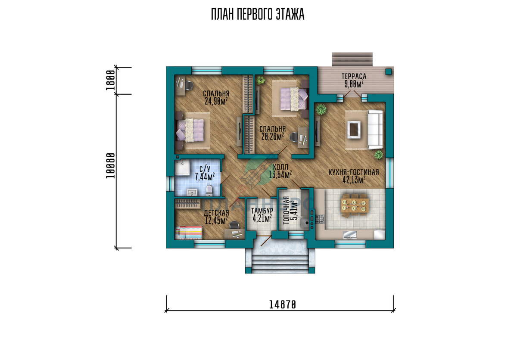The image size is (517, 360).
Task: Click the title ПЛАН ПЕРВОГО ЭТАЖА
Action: point(258,14)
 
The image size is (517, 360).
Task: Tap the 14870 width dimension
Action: point(283,304)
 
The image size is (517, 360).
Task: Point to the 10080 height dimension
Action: point(110,165)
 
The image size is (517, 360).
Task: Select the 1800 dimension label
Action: point(110,80)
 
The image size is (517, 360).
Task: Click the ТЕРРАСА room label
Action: point(354,76)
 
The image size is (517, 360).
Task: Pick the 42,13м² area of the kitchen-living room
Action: point(354,180)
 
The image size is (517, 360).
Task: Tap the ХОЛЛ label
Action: point(280,167)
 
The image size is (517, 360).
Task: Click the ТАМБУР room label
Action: point(262,211)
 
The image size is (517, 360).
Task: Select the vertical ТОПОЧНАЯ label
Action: point(286,210)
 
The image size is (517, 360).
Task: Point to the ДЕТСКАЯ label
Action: point(216,213)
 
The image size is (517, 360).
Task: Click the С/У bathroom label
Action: point(205,169)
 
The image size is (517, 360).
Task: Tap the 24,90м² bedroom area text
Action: point(216,101)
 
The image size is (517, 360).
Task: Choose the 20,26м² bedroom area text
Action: point(272,137)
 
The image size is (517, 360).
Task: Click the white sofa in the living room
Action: point(375,130)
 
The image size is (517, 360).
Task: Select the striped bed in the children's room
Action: point(189,233)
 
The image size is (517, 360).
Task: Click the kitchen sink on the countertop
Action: point(350,235)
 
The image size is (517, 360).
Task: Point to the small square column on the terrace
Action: point(389,72)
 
